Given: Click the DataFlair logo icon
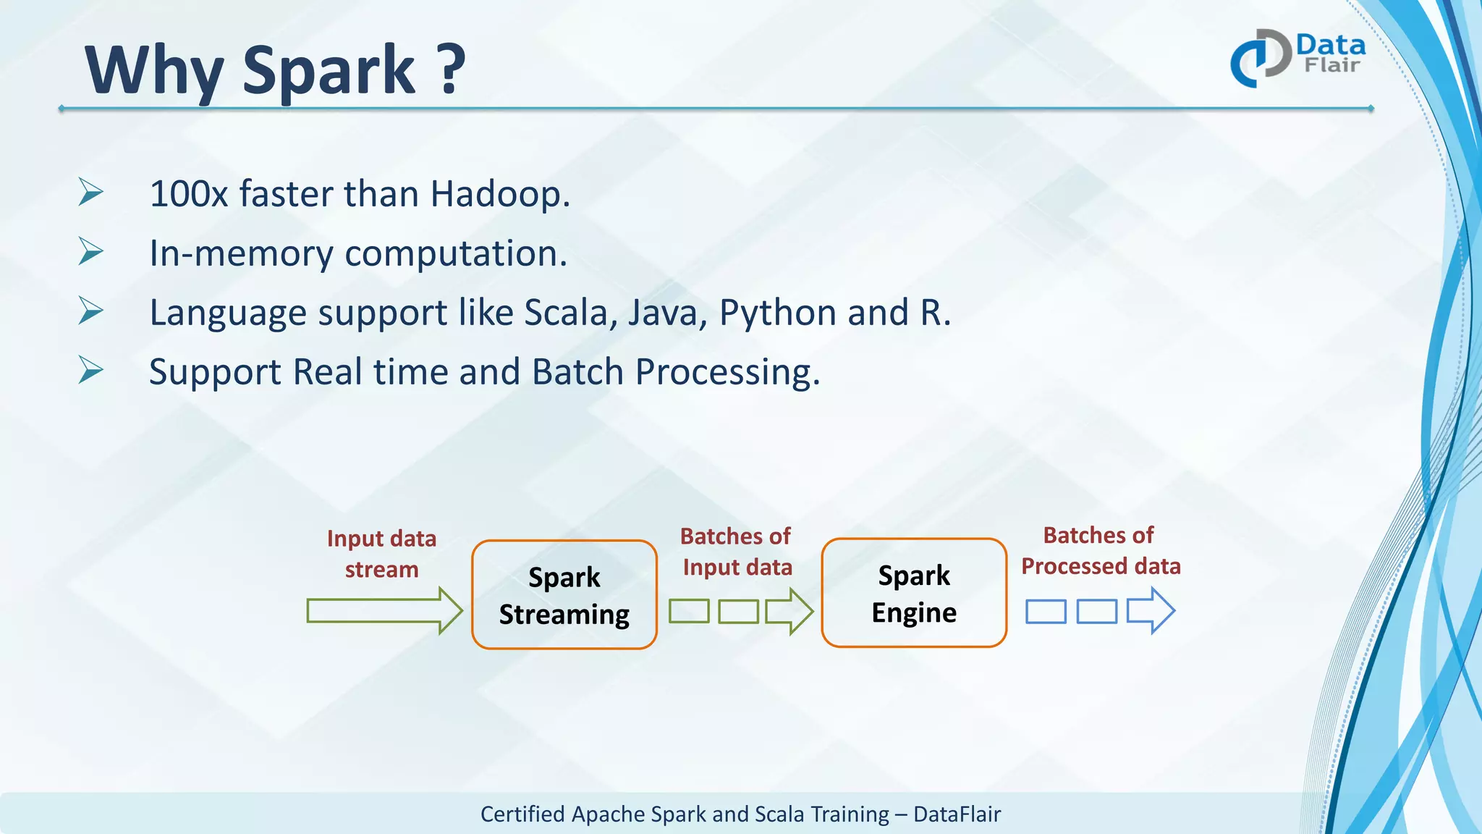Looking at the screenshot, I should click(1260, 58).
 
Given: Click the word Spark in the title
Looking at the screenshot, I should click(329, 71).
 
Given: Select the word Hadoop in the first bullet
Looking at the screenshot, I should click(499, 194).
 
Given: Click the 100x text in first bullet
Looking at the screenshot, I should click(189, 194).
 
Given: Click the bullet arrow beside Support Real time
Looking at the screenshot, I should click(91, 370).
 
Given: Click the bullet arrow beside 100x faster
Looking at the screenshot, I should click(91, 192).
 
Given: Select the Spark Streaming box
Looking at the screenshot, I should click(564, 594).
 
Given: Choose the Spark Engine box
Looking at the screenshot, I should click(914, 593).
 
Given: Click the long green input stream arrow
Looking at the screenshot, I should click(384, 611).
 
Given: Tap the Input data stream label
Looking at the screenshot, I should click(381, 554).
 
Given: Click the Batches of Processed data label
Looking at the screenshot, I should click(1100, 550).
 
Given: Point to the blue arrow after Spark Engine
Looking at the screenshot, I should click(1151, 611).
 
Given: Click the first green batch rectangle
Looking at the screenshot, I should click(689, 611).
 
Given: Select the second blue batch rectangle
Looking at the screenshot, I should click(1096, 612).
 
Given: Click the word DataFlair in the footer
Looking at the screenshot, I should click(957, 814).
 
